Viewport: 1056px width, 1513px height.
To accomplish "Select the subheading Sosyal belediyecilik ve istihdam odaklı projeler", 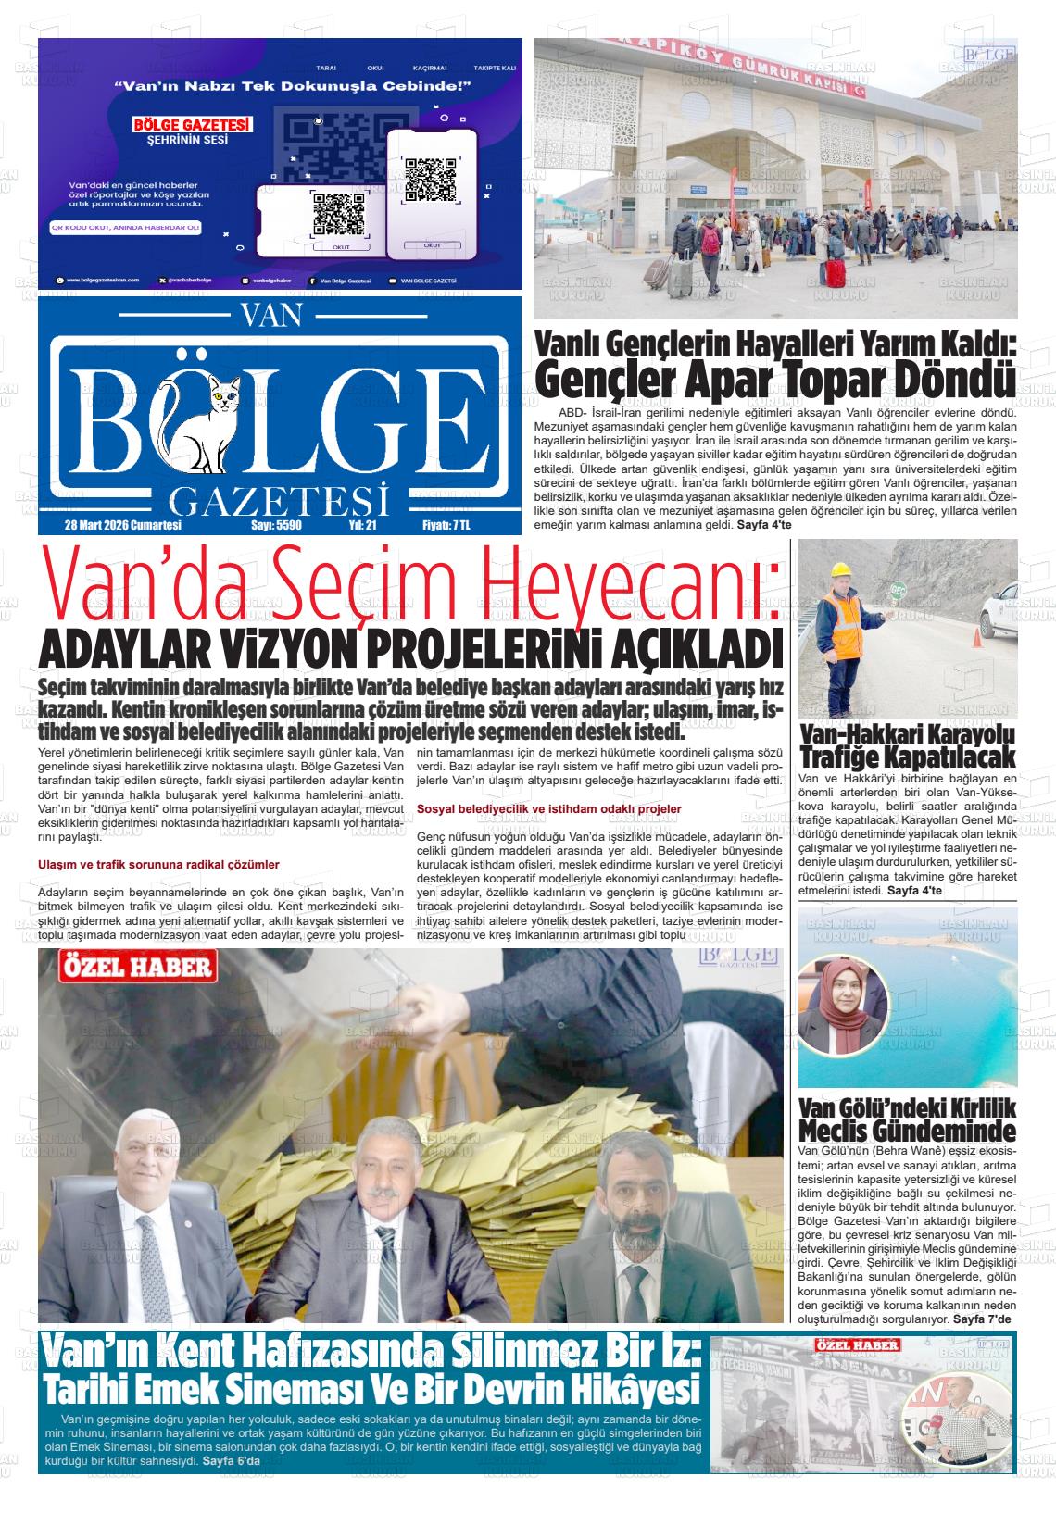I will [549, 808].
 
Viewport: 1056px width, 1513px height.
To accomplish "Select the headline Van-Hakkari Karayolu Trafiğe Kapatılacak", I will [907, 745].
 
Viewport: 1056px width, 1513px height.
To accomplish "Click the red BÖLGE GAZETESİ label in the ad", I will [193, 125].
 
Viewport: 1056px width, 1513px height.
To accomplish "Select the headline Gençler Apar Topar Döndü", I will [774, 378].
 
